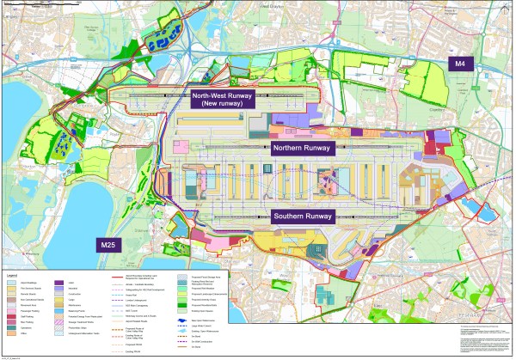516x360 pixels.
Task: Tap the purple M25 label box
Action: [x=107, y=245]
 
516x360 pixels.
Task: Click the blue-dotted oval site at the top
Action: [x=158, y=39]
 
